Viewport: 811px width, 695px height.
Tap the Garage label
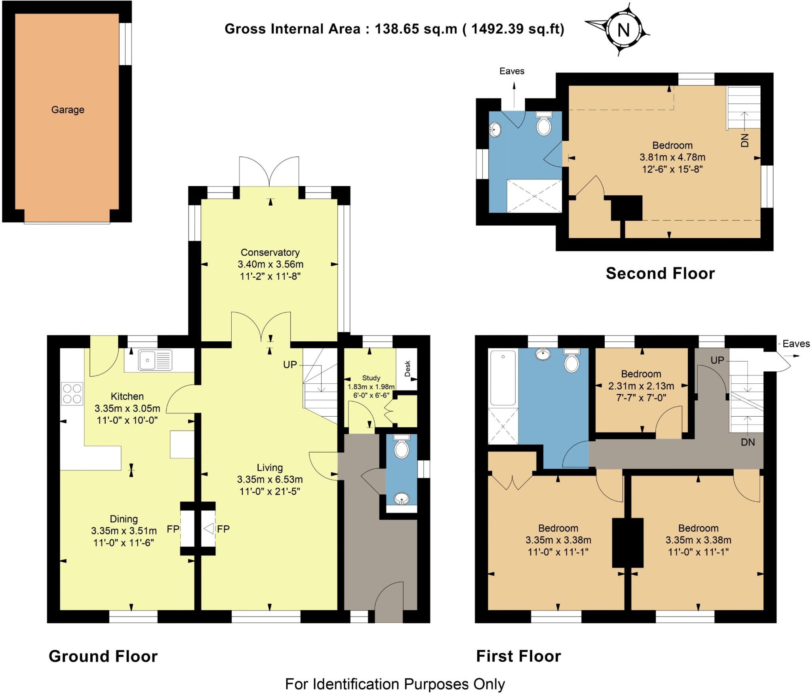(x=68, y=110)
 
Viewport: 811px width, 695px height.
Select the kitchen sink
(x=155, y=360)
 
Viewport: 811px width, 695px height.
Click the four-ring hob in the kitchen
(x=72, y=394)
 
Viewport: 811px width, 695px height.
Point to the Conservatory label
(x=270, y=252)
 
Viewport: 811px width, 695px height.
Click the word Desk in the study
(x=407, y=369)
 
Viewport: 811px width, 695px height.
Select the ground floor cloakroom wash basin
(x=402, y=499)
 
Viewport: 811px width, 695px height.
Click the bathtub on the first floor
(x=503, y=378)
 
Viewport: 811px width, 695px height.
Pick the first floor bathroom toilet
(x=571, y=360)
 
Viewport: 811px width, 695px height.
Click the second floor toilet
(x=544, y=124)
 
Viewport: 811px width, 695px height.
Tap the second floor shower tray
(x=535, y=196)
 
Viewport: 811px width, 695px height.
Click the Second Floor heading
(x=660, y=273)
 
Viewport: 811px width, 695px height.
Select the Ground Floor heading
(x=103, y=656)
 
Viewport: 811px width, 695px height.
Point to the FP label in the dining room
(x=173, y=529)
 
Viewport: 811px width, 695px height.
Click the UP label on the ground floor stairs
(x=290, y=365)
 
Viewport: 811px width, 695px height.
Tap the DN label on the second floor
(x=745, y=140)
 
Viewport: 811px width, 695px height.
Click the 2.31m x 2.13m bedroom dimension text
(x=641, y=386)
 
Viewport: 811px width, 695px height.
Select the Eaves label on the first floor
(x=796, y=344)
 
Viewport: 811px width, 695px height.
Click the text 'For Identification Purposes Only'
(x=395, y=684)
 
